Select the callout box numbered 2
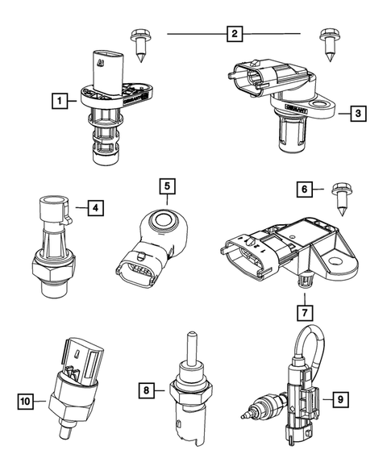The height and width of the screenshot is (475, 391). click(234, 34)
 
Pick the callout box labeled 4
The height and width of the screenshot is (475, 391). click(95, 208)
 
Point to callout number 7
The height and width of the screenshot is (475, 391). click(305, 310)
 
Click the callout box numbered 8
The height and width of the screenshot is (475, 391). click(147, 391)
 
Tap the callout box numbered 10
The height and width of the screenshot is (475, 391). click(27, 398)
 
